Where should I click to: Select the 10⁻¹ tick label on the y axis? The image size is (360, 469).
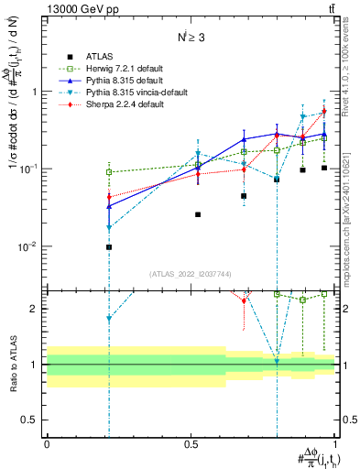click(31, 169)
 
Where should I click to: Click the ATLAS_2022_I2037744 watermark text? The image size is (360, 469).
click(191, 274)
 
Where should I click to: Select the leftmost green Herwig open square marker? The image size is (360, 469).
click(108, 172)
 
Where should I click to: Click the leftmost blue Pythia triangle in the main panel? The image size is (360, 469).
click(108, 206)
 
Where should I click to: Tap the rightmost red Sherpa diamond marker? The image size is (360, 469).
click(324, 112)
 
